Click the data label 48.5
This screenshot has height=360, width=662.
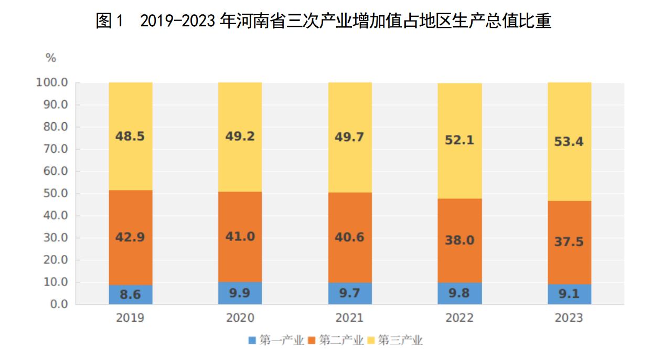[x=130, y=136]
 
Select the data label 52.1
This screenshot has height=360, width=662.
[x=460, y=141]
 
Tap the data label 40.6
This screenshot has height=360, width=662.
[x=350, y=237]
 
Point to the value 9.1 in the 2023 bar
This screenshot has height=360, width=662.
[x=569, y=294]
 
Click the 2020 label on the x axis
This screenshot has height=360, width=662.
[x=240, y=318]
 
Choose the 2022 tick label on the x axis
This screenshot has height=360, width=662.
[x=460, y=318]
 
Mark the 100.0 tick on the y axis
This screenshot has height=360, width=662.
[x=51, y=83]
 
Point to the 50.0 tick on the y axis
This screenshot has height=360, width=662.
[x=54, y=194]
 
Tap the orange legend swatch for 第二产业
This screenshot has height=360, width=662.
[x=312, y=340]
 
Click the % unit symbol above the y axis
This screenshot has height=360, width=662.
[x=51, y=58]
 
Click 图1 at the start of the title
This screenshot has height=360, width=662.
[x=109, y=22]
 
